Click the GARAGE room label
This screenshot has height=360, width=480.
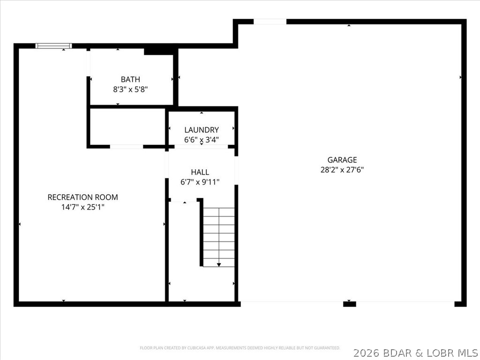(x=342, y=160)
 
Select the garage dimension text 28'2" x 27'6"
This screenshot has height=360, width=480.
(x=342, y=170)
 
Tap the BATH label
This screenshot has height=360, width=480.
(x=130, y=79)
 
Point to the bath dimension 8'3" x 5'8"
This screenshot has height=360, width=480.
(x=130, y=89)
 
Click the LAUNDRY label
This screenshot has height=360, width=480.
(x=202, y=130)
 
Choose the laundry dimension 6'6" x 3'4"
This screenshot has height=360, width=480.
(x=202, y=140)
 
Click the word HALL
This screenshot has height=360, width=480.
(x=200, y=172)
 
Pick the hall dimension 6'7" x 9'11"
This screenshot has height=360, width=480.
(x=200, y=182)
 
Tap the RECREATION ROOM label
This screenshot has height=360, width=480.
(x=82, y=197)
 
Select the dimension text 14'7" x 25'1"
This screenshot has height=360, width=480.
(x=82, y=207)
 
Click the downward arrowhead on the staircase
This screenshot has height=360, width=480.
(x=219, y=265)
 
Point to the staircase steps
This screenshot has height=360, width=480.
(x=219, y=234)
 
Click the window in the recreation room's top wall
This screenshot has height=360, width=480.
(x=54, y=46)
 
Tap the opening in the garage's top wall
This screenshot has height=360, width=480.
(x=270, y=22)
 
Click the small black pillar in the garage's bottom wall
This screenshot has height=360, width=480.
(x=350, y=304)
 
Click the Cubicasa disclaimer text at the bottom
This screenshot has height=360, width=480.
(x=240, y=348)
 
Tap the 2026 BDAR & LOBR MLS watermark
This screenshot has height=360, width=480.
(x=415, y=352)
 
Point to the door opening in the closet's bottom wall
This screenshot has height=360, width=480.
(x=127, y=147)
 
